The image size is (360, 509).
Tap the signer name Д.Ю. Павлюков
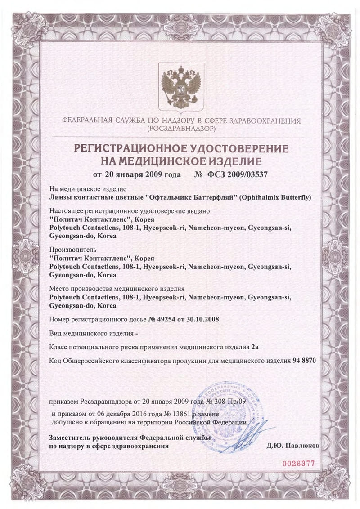(x=293, y=446)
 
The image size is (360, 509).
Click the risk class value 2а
(x=256, y=347)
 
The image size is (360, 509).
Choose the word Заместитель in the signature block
(x=69, y=438)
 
